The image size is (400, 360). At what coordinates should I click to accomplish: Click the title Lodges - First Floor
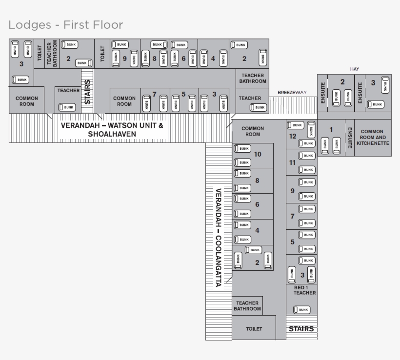(x=66, y=24)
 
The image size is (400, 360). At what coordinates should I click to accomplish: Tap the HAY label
(x=355, y=69)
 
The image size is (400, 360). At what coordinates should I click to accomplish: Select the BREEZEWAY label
(x=292, y=92)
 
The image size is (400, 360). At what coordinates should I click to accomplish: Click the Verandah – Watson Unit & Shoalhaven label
(x=112, y=130)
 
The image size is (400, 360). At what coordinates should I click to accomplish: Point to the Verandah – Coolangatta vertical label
(x=219, y=238)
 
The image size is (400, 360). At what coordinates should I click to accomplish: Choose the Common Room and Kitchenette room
(x=373, y=138)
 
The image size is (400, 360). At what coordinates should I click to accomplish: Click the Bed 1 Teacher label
(x=301, y=290)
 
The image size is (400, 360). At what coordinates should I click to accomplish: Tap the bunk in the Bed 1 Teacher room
(x=301, y=310)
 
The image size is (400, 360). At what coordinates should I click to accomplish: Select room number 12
(x=293, y=136)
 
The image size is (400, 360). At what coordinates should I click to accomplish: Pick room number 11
(x=293, y=162)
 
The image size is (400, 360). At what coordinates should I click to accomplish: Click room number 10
(x=258, y=154)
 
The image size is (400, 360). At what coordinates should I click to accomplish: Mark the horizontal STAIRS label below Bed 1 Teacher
(x=301, y=329)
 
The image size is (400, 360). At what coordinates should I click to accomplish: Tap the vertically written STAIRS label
(x=87, y=92)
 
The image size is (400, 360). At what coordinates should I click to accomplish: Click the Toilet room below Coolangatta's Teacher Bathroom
(x=254, y=329)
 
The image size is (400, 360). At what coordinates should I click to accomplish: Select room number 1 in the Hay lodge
(x=331, y=129)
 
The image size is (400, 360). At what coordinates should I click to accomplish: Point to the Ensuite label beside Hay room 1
(x=350, y=138)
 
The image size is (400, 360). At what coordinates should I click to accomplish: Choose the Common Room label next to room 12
(x=253, y=131)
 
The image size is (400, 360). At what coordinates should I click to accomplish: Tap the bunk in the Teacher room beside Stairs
(x=67, y=107)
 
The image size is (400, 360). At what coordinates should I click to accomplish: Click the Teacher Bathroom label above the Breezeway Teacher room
(x=252, y=78)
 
